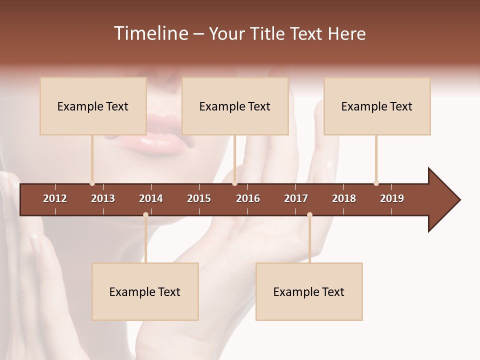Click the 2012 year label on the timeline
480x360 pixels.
(55, 198)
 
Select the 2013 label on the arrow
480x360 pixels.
(103, 198)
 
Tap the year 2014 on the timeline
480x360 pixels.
(151, 198)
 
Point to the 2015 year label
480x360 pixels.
(199, 198)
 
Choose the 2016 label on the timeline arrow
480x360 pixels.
(248, 198)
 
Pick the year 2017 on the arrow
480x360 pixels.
(296, 198)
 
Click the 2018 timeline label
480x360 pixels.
(344, 198)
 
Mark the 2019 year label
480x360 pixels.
(392, 198)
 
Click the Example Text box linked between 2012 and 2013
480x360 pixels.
(93, 106)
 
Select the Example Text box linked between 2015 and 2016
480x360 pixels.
(235, 106)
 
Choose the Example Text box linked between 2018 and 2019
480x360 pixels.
(377, 106)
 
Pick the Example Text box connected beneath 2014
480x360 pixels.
(145, 291)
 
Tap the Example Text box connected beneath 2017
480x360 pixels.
(309, 291)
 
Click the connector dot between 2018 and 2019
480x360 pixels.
(376, 183)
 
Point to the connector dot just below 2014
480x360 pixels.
(145, 215)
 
